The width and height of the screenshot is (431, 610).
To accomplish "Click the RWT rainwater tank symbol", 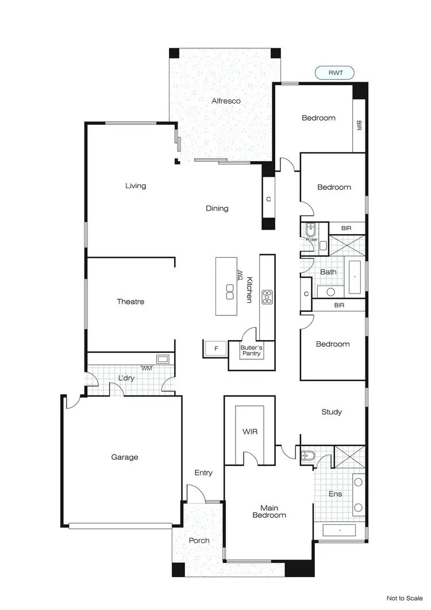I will pos(334,73).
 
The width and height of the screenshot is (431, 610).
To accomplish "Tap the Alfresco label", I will pos(226,101).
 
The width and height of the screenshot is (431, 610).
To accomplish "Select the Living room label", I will pos(136,186).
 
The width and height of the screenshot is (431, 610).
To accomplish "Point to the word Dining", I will pos(217,208).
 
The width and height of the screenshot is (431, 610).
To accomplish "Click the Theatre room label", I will pos(130,302).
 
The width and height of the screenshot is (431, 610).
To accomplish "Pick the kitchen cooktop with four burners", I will pos(267,296).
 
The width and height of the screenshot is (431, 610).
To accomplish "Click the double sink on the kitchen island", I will pos(230,292).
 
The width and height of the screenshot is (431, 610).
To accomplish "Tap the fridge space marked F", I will pos(216,349).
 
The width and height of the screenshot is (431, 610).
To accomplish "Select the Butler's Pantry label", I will pos(251,350).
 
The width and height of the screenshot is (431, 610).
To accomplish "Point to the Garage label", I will pos(125,457).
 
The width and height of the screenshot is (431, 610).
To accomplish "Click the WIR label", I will pos(249,431).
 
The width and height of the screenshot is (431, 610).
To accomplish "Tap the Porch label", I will pos(199,540).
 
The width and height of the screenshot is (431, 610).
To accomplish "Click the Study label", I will pos(332,412).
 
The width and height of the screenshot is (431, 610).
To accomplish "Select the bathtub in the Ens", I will pos(340,530).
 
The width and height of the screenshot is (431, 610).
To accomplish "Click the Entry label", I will pos(203,473).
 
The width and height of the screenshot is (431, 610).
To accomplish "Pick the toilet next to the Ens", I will pos(306,455).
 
